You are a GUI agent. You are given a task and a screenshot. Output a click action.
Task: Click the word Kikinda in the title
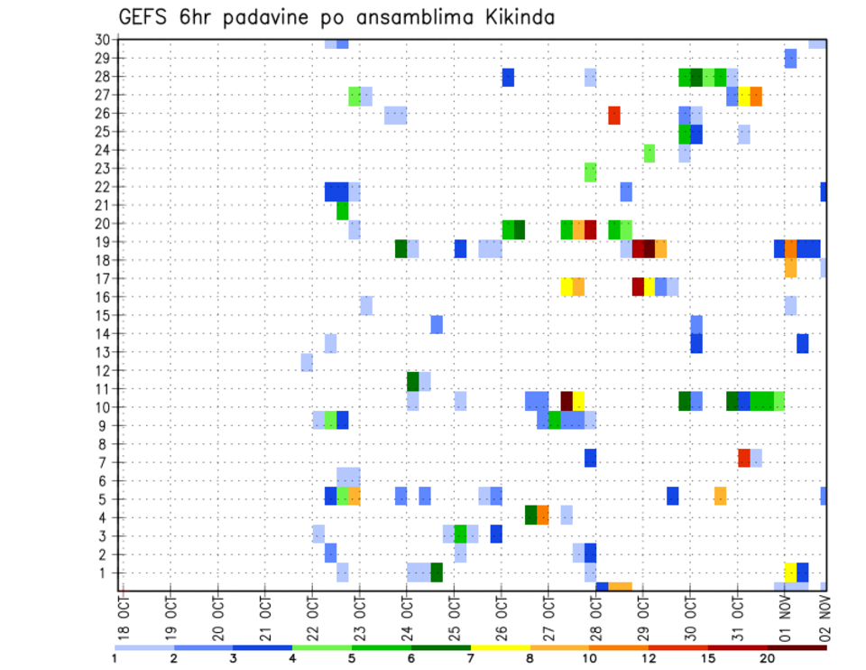tap(511, 17)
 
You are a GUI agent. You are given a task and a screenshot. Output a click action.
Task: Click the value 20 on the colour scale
tap(768, 657)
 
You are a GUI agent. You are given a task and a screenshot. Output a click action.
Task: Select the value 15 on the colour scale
tap(709, 657)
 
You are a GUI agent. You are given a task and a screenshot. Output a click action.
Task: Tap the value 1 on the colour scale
tap(115, 657)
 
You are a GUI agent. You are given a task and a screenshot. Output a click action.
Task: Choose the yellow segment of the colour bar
tap(500, 647)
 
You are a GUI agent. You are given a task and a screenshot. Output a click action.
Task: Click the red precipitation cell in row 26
tap(614, 115)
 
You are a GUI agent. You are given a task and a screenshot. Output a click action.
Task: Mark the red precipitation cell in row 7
tap(744, 458)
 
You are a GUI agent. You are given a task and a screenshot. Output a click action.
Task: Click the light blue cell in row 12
tap(307, 362)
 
